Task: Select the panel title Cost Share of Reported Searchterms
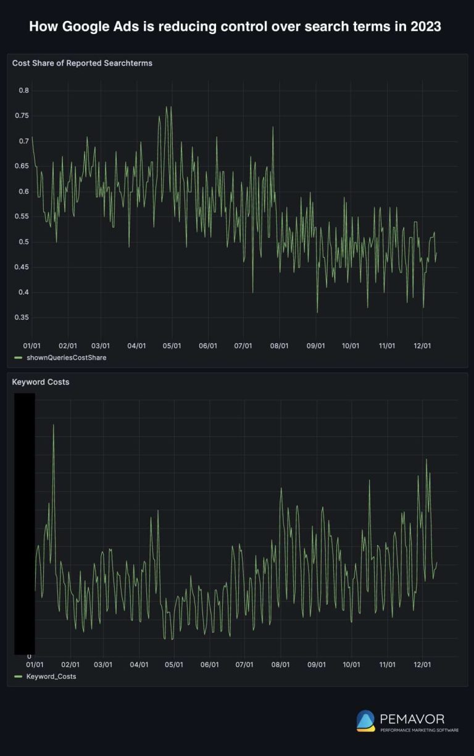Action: (82, 63)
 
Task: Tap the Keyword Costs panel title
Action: (41, 382)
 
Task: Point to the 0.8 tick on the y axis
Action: (23, 91)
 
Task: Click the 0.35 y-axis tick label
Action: (22, 318)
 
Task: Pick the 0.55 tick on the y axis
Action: (22, 217)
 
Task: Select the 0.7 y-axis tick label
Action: (23, 141)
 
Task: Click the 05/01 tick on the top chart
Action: (172, 346)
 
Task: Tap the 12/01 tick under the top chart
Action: (422, 346)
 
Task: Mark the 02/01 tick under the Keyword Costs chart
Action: (70, 665)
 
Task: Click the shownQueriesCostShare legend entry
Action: (65, 358)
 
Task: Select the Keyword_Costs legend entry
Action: (51, 676)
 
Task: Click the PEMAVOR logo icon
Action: (365, 721)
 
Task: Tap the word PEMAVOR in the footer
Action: (412, 719)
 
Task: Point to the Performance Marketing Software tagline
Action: (419, 730)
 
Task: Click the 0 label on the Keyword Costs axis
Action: (29, 657)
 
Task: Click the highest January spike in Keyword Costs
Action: (53, 425)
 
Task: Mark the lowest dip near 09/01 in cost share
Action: (317, 312)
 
